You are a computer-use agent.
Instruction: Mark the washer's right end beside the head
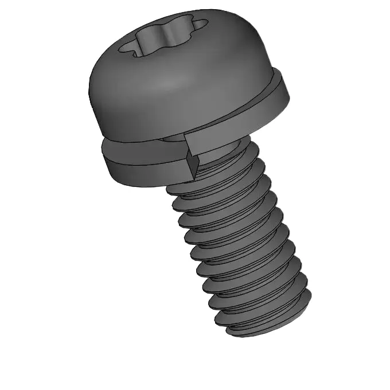pos(287,92)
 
